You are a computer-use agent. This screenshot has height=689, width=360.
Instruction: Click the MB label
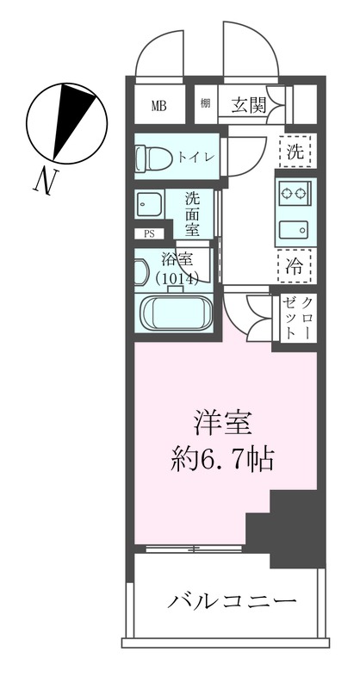(159, 106)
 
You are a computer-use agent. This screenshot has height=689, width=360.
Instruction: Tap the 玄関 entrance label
(247, 105)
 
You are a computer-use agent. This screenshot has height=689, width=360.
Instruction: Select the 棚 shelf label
(206, 105)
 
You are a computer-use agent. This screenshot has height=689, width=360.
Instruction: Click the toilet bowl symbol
(149, 158)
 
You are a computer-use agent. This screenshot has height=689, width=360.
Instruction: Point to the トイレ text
(195, 158)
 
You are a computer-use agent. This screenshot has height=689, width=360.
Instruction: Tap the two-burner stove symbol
(295, 195)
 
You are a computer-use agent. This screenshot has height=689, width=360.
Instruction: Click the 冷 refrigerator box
(295, 265)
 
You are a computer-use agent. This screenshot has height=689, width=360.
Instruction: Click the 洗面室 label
(193, 213)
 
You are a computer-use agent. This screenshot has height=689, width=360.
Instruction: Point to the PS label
(149, 233)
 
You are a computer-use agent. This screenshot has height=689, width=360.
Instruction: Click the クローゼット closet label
(297, 316)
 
